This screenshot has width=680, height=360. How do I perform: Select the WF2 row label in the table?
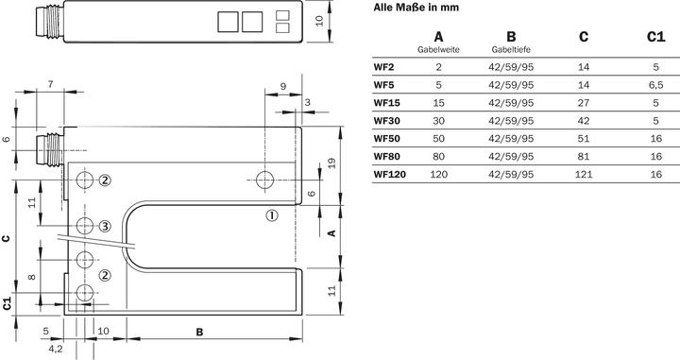(383, 67)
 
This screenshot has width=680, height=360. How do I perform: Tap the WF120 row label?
(389, 175)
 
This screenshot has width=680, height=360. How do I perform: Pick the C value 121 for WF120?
(583, 175)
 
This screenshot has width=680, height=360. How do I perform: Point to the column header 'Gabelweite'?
(438, 49)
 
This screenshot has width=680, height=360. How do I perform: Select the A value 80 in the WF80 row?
(438, 157)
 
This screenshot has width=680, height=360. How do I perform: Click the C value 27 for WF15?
(583, 103)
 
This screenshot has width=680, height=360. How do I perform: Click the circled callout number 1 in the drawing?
(272, 214)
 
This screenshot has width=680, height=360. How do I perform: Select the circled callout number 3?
(106, 225)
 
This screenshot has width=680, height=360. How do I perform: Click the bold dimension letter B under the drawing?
(199, 332)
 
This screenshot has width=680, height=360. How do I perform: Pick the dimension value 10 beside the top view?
(346, 19)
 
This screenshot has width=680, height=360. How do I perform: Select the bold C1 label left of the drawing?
(8, 303)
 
